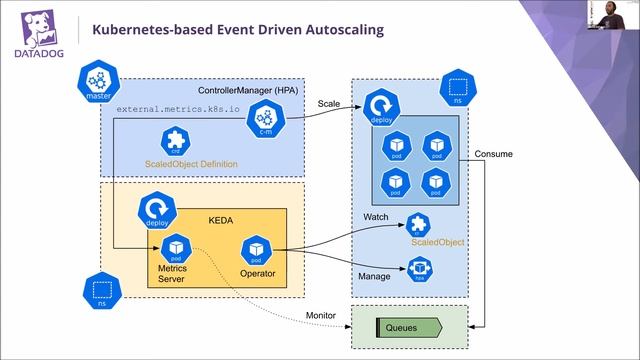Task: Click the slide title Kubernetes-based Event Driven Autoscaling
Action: pyautogui.click(x=237, y=31)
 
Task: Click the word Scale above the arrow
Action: pyautogui.click(x=329, y=103)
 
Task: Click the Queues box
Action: pyautogui.click(x=407, y=327)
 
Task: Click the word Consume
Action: pyautogui.click(x=495, y=154)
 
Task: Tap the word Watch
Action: pyautogui.click(x=375, y=217)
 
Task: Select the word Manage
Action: pyautogui.click(x=374, y=275)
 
